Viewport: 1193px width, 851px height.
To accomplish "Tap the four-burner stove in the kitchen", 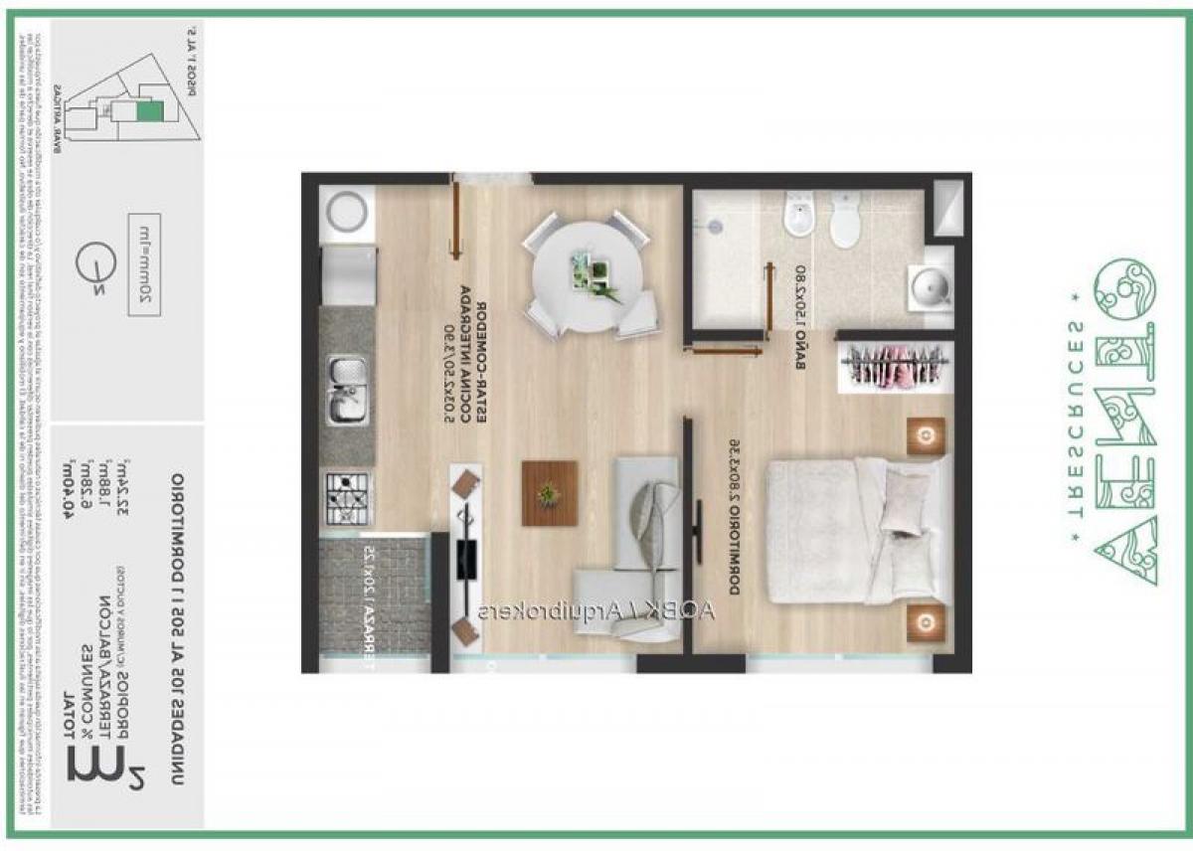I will tap(347, 498).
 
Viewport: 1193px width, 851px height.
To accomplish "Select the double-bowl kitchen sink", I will tap(347, 391).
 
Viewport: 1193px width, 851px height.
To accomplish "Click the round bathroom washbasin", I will tap(930, 287).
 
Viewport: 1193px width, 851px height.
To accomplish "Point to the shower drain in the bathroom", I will tap(716, 228).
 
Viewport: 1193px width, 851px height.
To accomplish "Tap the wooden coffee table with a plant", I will tap(550, 492).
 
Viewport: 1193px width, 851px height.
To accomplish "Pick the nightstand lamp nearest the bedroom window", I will tap(926, 622).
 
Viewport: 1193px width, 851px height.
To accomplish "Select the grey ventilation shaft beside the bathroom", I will tap(948, 207).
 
